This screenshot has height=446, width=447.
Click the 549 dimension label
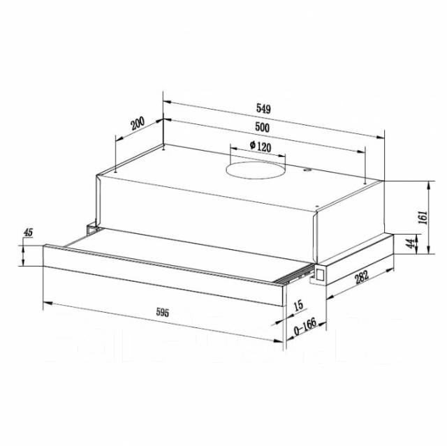pos(263,108)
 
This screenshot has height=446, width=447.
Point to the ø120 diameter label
pos(260,147)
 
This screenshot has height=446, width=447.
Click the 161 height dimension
pos(422,217)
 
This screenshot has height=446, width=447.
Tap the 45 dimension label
pos(29,232)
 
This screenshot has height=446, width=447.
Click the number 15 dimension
pos(298,304)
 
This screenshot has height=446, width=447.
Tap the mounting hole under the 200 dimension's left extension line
pos(115,168)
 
